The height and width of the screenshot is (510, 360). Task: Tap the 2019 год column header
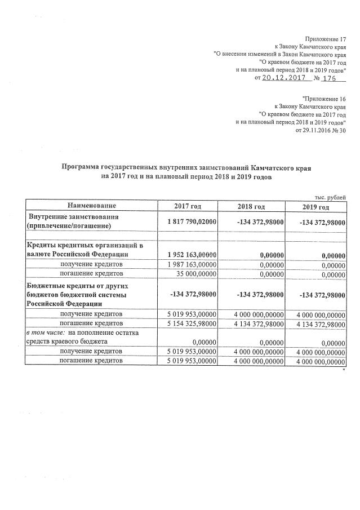[315, 207]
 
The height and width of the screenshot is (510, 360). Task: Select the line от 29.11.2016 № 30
[320, 130]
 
